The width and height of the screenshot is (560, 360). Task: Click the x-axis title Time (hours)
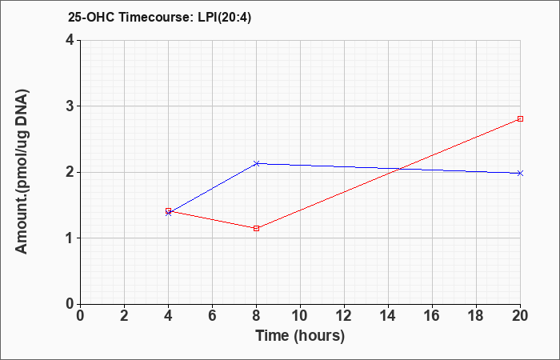click(x=300, y=335)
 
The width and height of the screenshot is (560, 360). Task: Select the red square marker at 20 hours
click(x=520, y=118)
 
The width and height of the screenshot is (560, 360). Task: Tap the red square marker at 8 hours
click(x=256, y=228)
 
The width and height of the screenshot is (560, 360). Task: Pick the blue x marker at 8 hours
click(x=256, y=163)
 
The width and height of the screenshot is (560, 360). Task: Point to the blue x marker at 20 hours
click(x=520, y=173)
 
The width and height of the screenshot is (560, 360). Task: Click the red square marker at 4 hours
click(x=168, y=210)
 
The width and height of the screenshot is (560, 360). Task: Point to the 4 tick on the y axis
click(x=70, y=40)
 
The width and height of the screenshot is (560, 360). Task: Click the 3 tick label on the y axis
click(x=70, y=106)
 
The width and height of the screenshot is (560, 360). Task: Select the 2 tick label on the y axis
click(x=70, y=172)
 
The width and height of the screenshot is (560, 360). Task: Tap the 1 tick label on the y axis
click(x=70, y=238)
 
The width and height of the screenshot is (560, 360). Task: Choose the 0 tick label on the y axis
click(x=70, y=304)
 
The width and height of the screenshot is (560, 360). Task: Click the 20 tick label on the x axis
click(x=520, y=315)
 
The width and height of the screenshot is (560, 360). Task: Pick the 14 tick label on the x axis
click(x=388, y=315)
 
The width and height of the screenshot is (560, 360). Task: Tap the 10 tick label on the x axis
click(x=300, y=315)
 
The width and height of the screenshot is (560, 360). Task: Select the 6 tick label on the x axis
click(x=212, y=315)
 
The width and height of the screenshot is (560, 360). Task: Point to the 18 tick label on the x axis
click(x=476, y=315)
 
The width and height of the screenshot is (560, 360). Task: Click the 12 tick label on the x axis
click(x=344, y=315)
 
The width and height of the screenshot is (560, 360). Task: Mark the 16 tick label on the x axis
click(x=432, y=315)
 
